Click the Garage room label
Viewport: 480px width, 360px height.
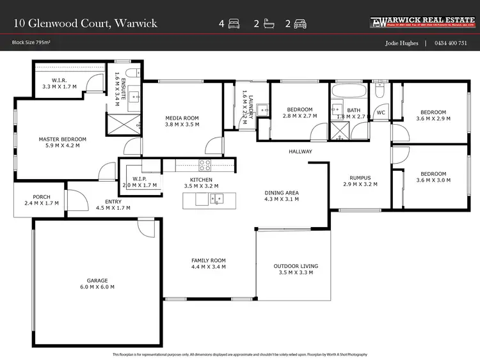[97, 280]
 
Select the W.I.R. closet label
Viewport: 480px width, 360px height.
[59, 80]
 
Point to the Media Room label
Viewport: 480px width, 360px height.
[182, 118]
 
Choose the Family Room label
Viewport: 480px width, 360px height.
[209, 260]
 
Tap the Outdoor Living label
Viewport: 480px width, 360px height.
[296, 266]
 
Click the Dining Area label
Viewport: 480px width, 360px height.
[282, 192]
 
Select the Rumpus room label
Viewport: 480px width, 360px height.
[360, 178]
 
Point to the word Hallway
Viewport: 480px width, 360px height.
[300, 152]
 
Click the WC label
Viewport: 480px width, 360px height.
[380, 113]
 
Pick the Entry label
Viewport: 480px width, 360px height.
[113, 201]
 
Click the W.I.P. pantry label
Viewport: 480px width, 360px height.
[139, 178]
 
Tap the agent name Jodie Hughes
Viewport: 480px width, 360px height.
[401, 43]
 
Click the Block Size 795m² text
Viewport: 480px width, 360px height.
[31, 43]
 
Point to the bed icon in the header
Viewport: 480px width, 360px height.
[234, 24]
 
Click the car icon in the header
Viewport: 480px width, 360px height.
[300, 24]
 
